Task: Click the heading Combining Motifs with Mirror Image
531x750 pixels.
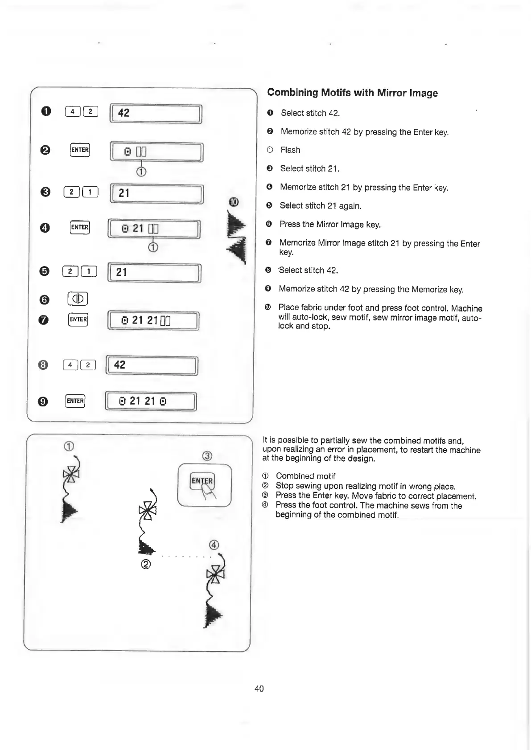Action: [x=352, y=93]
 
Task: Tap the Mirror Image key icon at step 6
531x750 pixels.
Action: [x=78, y=298]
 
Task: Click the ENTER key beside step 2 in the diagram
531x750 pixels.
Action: [x=80, y=150]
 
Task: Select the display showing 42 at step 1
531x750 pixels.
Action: [x=156, y=113]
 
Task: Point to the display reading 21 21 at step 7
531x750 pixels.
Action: [x=153, y=320]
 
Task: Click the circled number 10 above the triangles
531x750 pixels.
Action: [x=234, y=202]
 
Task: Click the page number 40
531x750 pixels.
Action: [x=259, y=689]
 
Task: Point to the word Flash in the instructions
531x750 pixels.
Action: [x=290, y=150]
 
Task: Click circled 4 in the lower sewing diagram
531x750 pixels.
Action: [x=214, y=545]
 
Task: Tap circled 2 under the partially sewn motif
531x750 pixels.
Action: [x=145, y=564]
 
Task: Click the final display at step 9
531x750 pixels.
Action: [x=150, y=401]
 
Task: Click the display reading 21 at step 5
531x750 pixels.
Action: [x=154, y=272]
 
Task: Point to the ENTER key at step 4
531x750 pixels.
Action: [x=80, y=227]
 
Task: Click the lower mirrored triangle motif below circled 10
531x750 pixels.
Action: [x=238, y=250]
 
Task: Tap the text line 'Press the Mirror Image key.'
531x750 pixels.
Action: [x=330, y=225]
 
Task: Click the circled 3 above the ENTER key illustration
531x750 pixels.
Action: [x=207, y=456]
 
